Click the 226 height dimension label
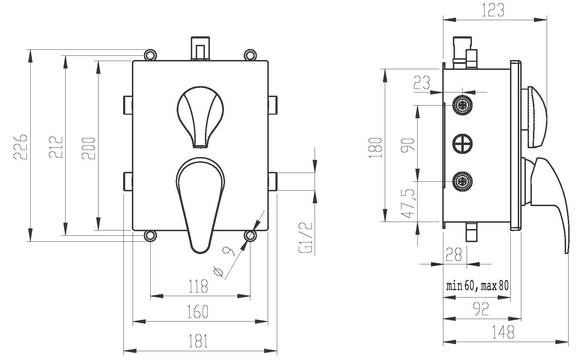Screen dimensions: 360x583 pyautogui.click(x=20, y=146)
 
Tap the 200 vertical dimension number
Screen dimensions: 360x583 pyautogui.click(x=89, y=148)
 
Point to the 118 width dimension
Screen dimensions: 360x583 pyautogui.click(x=198, y=286)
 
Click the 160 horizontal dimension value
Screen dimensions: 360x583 pyautogui.click(x=198, y=311)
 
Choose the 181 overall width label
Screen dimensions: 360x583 pyautogui.click(x=198, y=341)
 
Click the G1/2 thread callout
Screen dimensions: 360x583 pyautogui.click(x=306, y=238)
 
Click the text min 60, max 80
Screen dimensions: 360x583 pyautogui.click(x=477, y=285)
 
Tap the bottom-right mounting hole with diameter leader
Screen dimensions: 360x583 pyautogui.click(x=250, y=235)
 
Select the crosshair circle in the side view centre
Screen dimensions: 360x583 pyautogui.click(x=462, y=143)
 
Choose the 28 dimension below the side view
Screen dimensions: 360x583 pyautogui.click(x=454, y=254)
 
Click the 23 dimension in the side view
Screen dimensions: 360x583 pyautogui.click(x=422, y=83)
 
